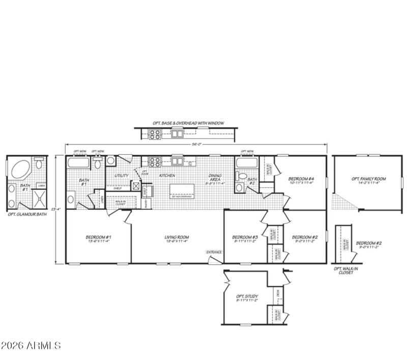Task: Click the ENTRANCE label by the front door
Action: click(214, 252)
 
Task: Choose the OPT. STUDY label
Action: click(247, 298)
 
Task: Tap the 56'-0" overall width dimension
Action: click(196, 144)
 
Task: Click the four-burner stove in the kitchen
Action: click(154, 162)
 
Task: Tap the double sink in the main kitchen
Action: click(178, 162)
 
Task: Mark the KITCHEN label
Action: click(167, 176)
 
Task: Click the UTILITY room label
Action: click(121, 176)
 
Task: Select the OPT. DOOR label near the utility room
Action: click(144, 173)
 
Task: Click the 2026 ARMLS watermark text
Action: click(31, 346)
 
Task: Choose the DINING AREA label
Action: click(215, 178)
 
